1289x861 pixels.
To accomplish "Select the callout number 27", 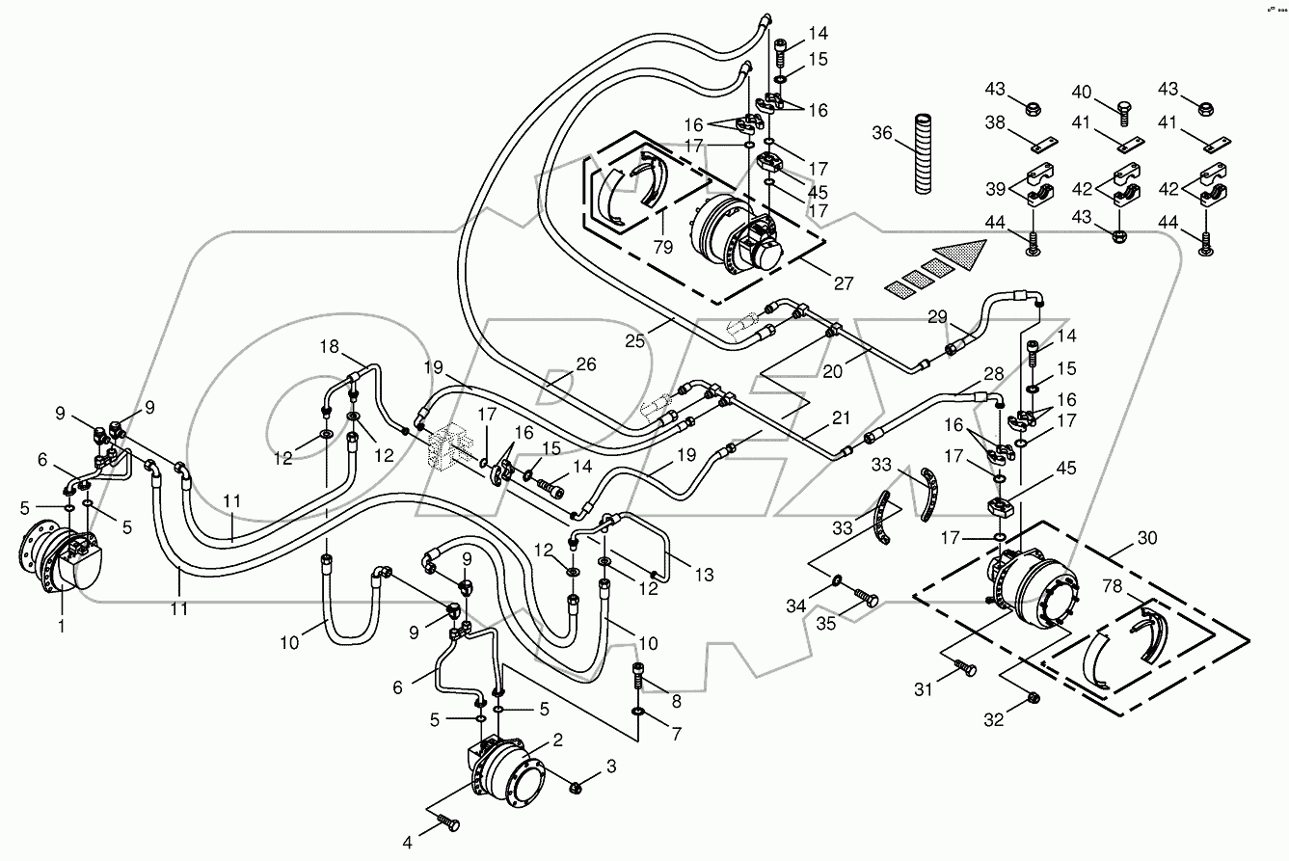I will pos(843,283).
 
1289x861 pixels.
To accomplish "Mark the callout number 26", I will pos(585,364).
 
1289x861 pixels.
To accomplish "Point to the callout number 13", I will pos(706,576).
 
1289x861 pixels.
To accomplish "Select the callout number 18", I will pos(331,346).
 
